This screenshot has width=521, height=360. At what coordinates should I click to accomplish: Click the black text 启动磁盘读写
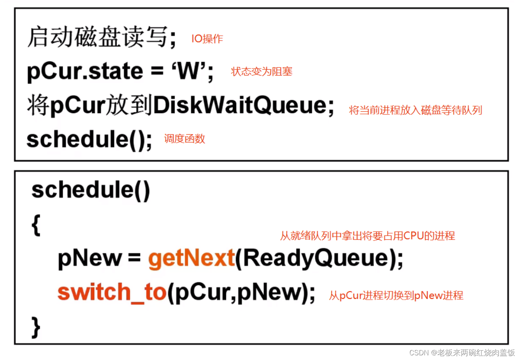pyautogui.click(x=97, y=37)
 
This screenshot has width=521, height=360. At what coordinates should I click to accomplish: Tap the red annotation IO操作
pyautogui.click(x=207, y=39)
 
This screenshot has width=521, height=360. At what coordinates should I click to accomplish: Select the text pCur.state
pyautogui.click(x=85, y=72)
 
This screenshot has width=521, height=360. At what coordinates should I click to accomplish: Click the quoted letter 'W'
pyautogui.click(x=189, y=71)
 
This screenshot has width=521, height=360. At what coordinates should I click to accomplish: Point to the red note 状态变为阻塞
pyautogui.click(x=261, y=72)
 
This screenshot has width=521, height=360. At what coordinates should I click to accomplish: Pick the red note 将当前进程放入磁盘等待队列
pyautogui.click(x=415, y=110)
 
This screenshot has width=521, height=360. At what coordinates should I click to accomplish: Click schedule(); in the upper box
pyautogui.click(x=89, y=139)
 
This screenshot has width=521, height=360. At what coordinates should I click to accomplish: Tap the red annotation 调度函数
pyautogui.click(x=184, y=139)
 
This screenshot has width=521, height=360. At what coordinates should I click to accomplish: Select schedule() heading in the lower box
pyautogui.click(x=91, y=190)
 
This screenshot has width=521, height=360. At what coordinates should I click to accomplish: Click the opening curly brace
pyautogui.click(x=36, y=225)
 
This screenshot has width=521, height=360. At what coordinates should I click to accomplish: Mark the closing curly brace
pyautogui.click(x=36, y=327)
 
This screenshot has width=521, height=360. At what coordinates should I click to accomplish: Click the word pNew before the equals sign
pyautogui.click(x=89, y=258)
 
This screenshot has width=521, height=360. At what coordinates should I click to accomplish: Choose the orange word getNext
pyautogui.click(x=191, y=258)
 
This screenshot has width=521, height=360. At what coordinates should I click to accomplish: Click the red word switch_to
pyautogui.click(x=112, y=292)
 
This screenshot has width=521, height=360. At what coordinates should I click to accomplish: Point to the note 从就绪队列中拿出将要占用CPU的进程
pyautogui.click(x=367, y=235)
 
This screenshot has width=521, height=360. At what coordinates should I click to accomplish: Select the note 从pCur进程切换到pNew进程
pyautogui.click(x=396, y=295)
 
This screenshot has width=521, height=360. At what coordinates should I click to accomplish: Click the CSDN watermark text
pyautogui.click(x=462, y=353)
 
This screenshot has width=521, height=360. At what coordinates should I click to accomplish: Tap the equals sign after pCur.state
pyautogui.click(x=157, y=72)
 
